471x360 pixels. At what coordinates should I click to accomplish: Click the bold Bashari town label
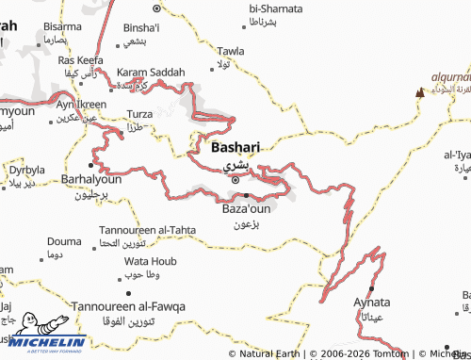[x=235, y=148]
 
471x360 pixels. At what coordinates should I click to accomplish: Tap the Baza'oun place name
[x=246, y=209]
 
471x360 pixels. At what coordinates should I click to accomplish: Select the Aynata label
[x=372, y=303]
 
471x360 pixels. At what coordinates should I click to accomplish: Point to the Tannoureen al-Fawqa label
[x=129, y=306]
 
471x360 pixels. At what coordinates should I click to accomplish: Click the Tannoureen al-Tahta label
[x=148, y=230]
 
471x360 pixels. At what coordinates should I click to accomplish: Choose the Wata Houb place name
[x=151, y=260]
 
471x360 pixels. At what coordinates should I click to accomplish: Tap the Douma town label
[x=64, y=241]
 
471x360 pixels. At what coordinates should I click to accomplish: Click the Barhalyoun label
[x=91, y=178]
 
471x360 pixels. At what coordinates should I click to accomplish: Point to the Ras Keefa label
[x=81, y=60]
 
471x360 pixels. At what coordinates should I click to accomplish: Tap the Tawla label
[x=231, y=50]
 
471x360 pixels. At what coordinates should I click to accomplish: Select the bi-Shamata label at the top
[x=276, y=8]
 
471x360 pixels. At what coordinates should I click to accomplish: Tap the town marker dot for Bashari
[x=235, y=178]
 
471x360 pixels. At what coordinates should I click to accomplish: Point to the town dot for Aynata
[x=372, y=287]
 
